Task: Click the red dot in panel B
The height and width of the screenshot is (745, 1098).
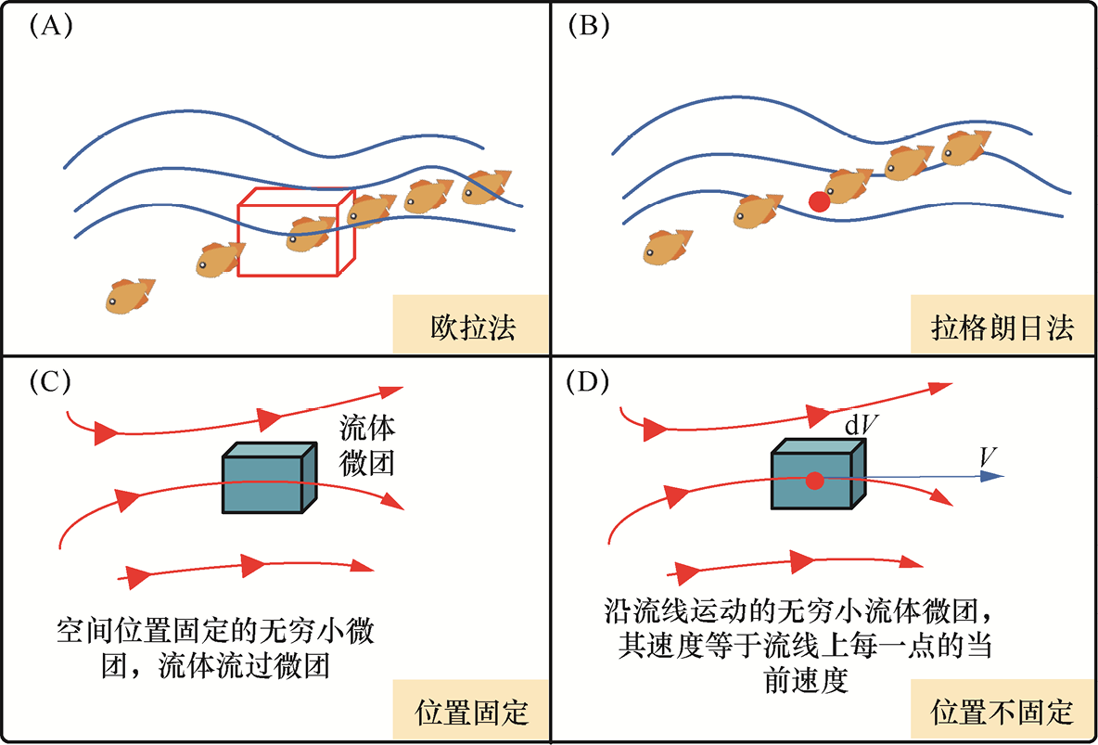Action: click(x=819, y=201)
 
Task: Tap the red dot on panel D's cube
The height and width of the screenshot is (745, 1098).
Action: click(x=814, y=480)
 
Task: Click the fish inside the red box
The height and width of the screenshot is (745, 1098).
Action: click(x=310, y=233)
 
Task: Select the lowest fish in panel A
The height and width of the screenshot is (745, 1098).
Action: click(x=129, y=295)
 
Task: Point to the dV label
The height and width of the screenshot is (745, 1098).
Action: click(x=862, y=424)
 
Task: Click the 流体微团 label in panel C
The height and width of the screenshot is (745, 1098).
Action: click(x=367, y=445)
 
